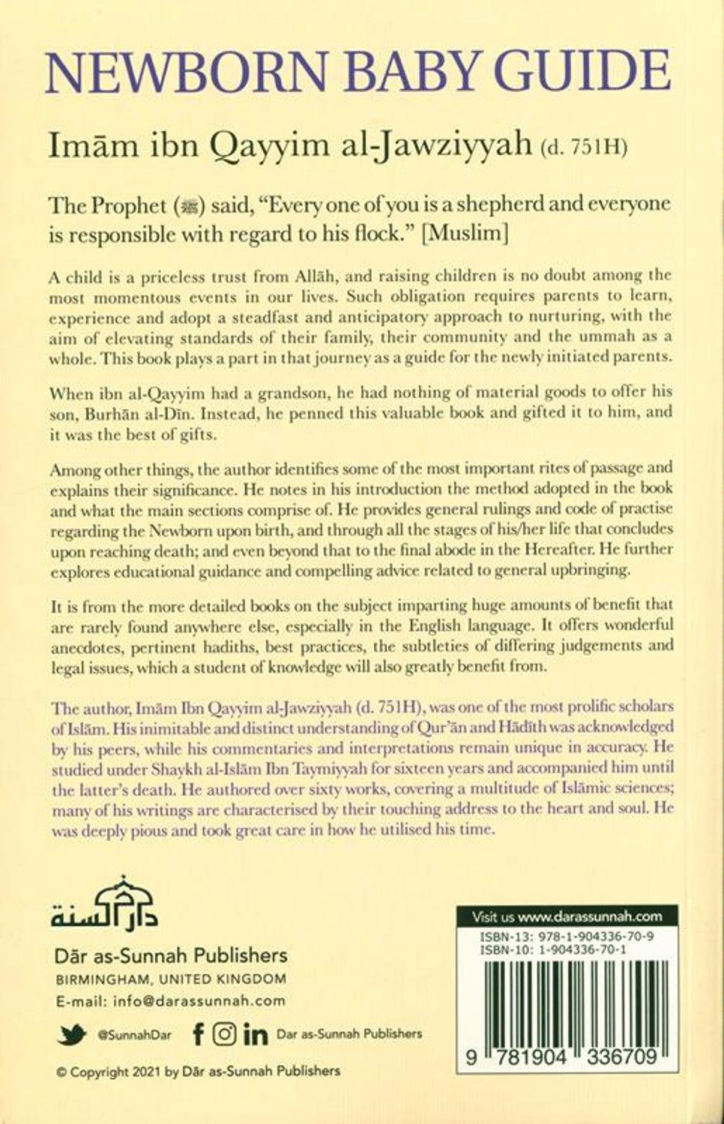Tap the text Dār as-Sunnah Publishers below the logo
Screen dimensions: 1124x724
172,955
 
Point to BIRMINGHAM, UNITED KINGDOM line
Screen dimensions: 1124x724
171,979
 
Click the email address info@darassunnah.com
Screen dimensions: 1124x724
171,1000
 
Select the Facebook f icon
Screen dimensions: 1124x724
198,1035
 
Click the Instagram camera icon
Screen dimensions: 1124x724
225,1035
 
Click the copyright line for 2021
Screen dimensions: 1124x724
198,1072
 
